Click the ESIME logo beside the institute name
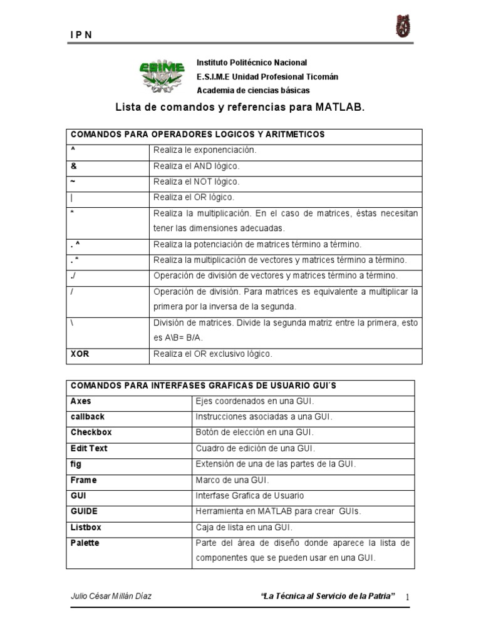tap(162, 74)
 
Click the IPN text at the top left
tap(81, 35)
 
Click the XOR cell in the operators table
tap(80, 354)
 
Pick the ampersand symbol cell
tap(73, 166)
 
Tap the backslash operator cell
tap(73, 323)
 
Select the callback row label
tap(88, 416)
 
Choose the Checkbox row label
tap(91, 433)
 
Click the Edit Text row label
tap(89, 448)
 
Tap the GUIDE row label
tap(85, 511)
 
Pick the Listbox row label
tap(86, 527)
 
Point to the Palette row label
tap(85, 543)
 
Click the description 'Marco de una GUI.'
tap(232, 479)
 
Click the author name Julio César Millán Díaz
tap(111, 596)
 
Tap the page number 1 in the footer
tap(407, 598)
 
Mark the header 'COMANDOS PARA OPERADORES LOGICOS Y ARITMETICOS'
tap(198, 135)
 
